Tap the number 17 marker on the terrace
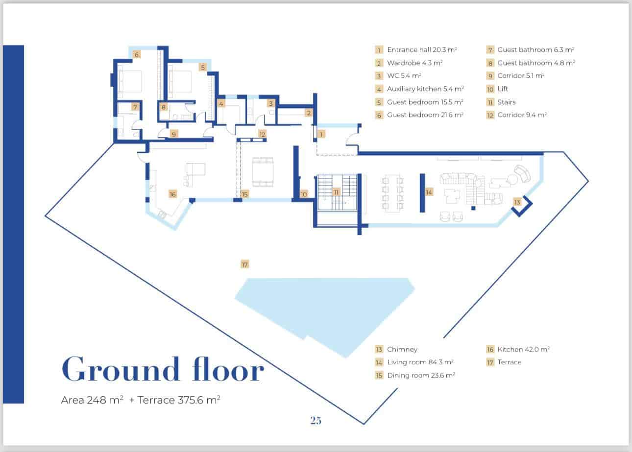tap(245, 264)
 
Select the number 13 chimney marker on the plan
tap(517, 202)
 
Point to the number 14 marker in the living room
tap(429, 192)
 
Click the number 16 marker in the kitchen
tap(172, 194)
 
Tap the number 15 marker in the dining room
tap(245, 194)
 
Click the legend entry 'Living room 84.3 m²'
tap(420, 362)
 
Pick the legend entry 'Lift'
tap(503, 89)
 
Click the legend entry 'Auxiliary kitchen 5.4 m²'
tap(425, 89)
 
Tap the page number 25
tap(316, 420)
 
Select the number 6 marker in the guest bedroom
tap(137, 54)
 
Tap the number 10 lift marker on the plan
tap(304, 194)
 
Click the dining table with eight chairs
tap(393, 192)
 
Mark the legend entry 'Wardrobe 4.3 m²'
tap(414, 63)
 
